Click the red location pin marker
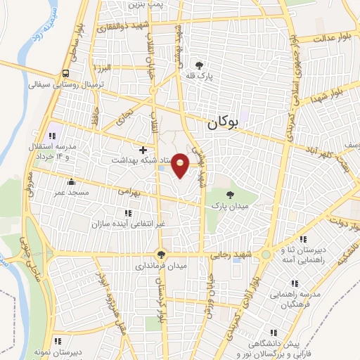pos(181,165)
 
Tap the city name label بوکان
pos(224,122)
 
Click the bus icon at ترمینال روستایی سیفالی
pos(65,72)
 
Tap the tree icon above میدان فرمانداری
pos(161,255)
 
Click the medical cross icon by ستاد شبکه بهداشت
pos(143,149)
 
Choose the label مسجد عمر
pos(71,193)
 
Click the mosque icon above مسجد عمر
pos(70,182)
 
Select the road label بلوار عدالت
pos(330,37)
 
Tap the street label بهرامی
pos(130,191)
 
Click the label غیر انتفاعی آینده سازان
pos(127,224)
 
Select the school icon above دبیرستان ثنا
pos(302,240)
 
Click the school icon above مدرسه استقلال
pos(51,136)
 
